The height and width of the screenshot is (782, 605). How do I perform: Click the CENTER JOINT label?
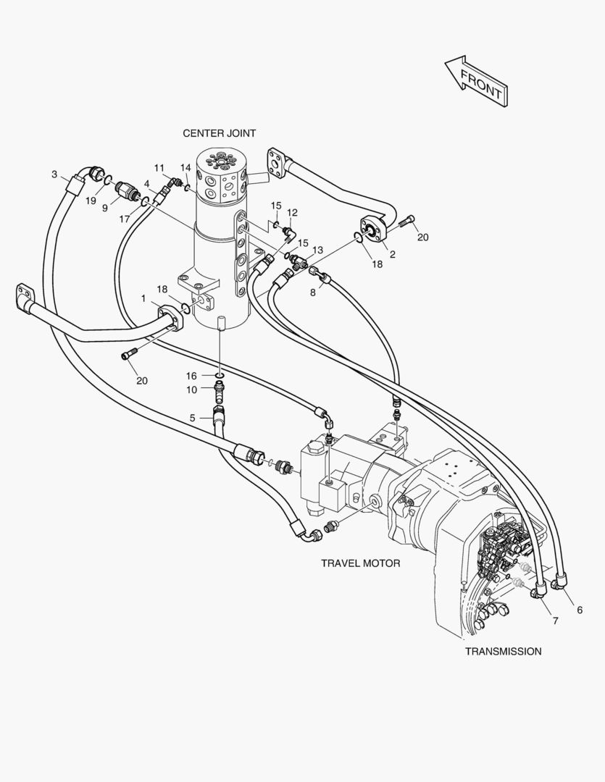[219, 133]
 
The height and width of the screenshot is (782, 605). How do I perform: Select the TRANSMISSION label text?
[503, 651]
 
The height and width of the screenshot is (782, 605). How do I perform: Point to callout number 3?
[54, 174]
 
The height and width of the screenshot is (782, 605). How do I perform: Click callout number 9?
[105, 208]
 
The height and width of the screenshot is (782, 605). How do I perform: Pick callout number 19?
[91, 201]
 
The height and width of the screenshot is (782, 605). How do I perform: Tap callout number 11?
[159, 168]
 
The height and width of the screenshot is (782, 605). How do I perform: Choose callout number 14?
[185, 168]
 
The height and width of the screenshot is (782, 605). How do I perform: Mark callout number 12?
[293, 213]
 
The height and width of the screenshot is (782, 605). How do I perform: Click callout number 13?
[317, 250]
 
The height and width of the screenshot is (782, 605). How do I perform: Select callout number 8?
[313, 293]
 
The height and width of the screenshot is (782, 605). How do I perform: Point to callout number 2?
[392, 254]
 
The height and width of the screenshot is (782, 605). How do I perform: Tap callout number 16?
[191, 376]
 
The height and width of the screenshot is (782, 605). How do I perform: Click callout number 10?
[191, 390]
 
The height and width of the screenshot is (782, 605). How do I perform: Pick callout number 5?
[192, 418]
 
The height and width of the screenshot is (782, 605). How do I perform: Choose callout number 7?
[555, 621]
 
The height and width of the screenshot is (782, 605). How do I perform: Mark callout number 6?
[580, 610]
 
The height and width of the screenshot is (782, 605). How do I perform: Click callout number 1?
[143, 298]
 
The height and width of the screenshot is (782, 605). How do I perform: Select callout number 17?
[125, 218]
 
